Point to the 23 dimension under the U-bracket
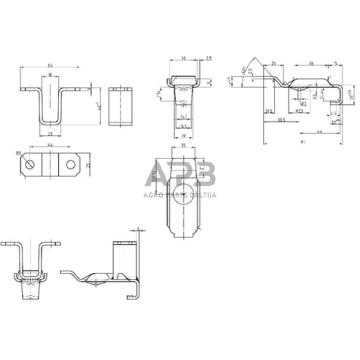(x=50, y=133)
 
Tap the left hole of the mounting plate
(x=29, y=163)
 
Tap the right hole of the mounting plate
(x=72, y=163)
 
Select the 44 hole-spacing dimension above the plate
(x=50, y=144)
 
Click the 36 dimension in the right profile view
(x=311, y=63)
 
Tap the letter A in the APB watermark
(x=157, y=176)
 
